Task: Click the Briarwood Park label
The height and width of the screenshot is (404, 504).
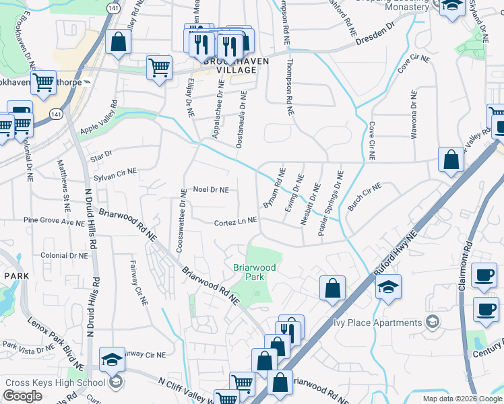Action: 254,272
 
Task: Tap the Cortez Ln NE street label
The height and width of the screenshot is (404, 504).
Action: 235,221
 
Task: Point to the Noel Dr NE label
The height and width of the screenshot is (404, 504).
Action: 211,190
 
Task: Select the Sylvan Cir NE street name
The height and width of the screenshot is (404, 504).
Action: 115,173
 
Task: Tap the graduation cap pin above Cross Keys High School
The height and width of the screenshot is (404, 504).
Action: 113,361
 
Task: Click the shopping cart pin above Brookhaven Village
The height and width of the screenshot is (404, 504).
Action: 160,67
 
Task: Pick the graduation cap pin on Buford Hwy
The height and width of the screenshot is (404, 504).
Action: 388,287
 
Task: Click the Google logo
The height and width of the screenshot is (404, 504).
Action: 23,396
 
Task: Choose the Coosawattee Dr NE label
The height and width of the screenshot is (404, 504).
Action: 182,220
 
